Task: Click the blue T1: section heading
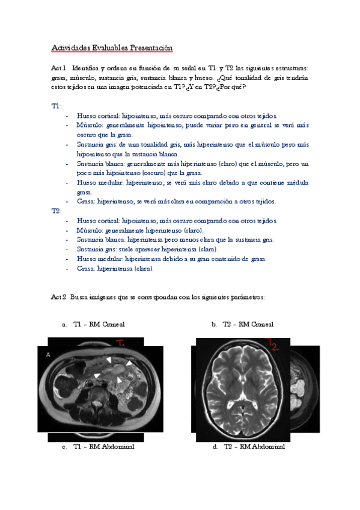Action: point(56,105)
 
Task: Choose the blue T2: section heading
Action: point(56,211)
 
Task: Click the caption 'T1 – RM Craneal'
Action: point(99,324)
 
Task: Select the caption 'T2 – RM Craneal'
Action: point(248,324)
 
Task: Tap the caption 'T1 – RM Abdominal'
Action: point(103,447)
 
